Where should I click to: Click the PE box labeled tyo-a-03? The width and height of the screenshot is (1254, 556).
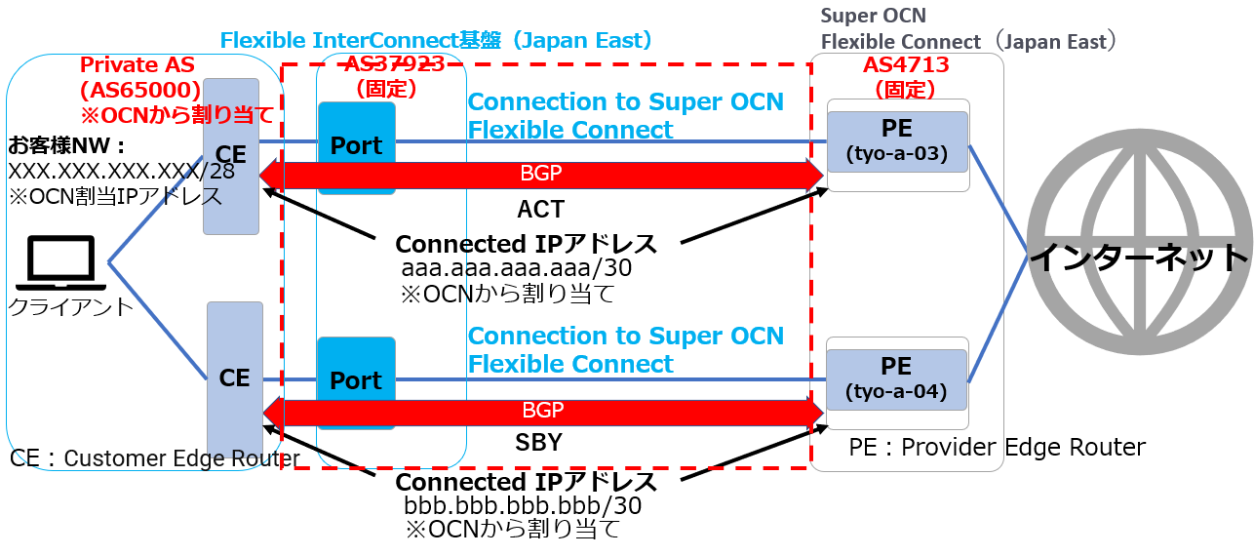pyautogui.click(x=896, y=141)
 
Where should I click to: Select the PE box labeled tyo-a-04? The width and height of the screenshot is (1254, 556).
pyautogui.click(x=896, y=378)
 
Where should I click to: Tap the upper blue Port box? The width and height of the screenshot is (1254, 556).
pyautogui.click(x=356, y=146)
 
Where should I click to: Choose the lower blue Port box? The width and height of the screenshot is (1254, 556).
pyautogui.click(x=356, y=380)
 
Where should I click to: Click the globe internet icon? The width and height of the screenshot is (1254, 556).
pyautogui.click(x=1140, y=256)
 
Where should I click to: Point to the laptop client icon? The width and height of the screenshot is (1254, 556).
pyautogui.click(x=59, y=263)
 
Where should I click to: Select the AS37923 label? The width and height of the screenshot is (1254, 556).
pyautogui.click(x=394, y=64)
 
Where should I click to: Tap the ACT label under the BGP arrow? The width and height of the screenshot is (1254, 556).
pyautogui.click(x=540, y=209)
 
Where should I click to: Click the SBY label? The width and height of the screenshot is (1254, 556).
pyautogui.click(x=538, y=443)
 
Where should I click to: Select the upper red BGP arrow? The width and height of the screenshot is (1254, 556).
pyautogui.click(x=541, y=176)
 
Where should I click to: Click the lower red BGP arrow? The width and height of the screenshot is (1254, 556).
pyautogui.click(x=541, y=412)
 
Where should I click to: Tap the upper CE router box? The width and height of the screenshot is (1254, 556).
pyautogui.click(x=231, y=156)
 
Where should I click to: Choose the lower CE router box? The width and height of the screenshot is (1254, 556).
pyautogui.click(x=235, y=377)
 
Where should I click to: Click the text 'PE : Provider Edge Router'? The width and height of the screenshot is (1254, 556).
pyautogui.click(x=997, y=448)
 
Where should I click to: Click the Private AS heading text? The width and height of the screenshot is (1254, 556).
pyautogui.click(x=137, y=66)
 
